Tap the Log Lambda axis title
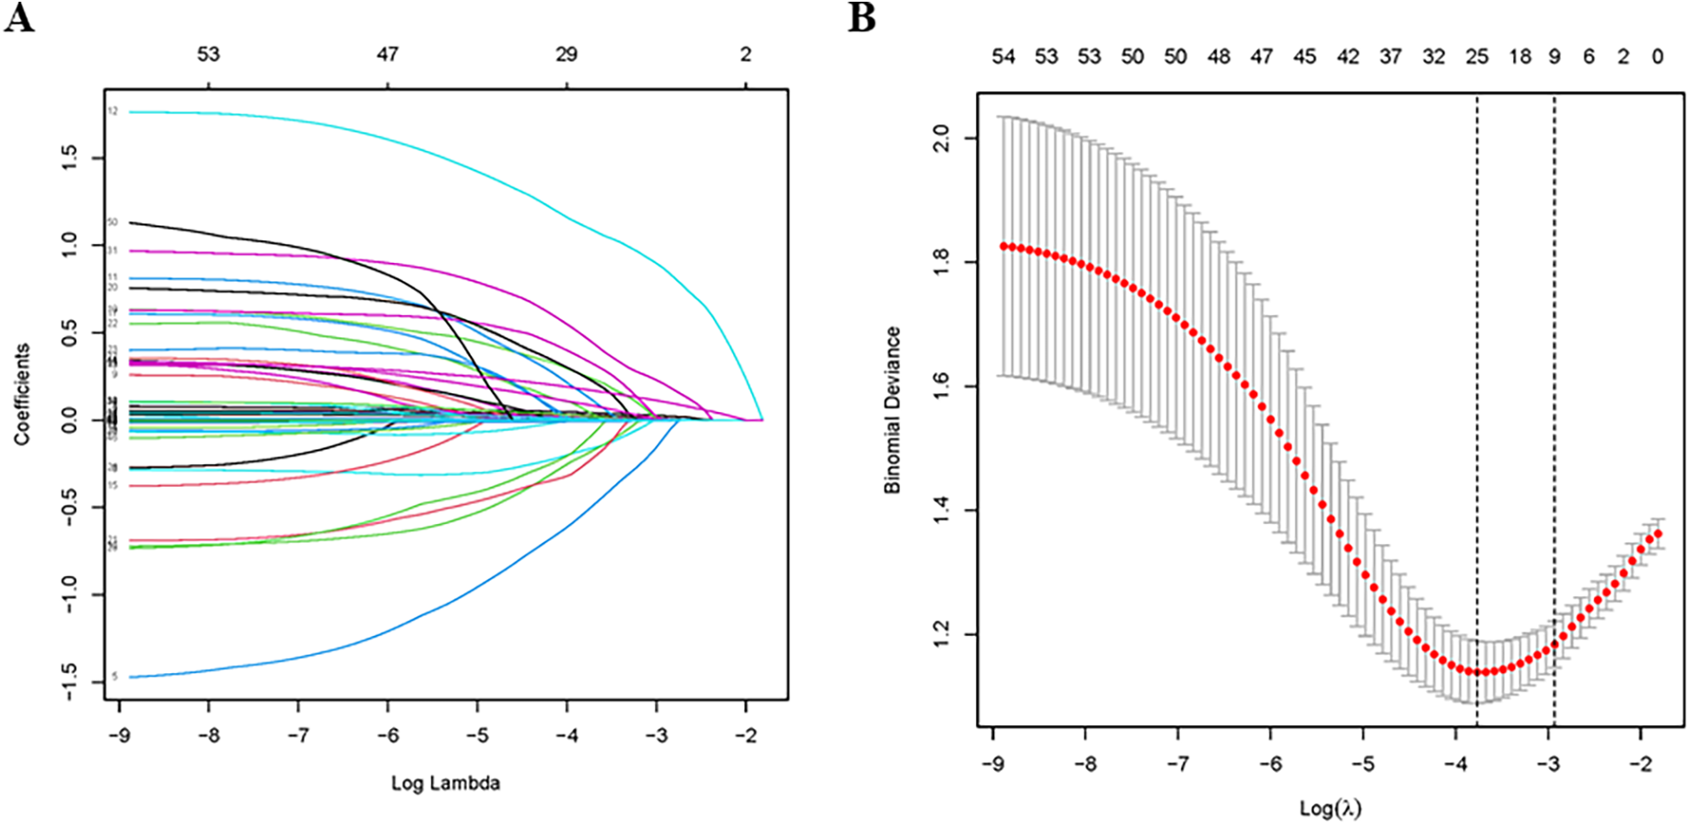(445, 783)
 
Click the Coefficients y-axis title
(22, 395)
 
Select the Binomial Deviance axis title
(892, 410)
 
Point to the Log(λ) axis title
(1330, 809)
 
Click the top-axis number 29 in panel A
(567, 54)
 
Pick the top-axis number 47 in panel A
(387, 54)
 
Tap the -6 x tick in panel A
(387, 736)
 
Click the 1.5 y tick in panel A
(69, 158)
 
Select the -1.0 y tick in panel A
(69, 594)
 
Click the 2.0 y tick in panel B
(940, 138)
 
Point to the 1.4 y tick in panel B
(940, 510)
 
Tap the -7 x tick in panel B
(1177, 764)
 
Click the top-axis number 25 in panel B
(1477, 56)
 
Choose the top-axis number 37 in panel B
(1391, 56)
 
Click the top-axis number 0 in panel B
(1658, 56)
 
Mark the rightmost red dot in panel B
(1658, 534)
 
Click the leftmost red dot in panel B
(1004, 246)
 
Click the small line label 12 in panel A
(113, 112)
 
